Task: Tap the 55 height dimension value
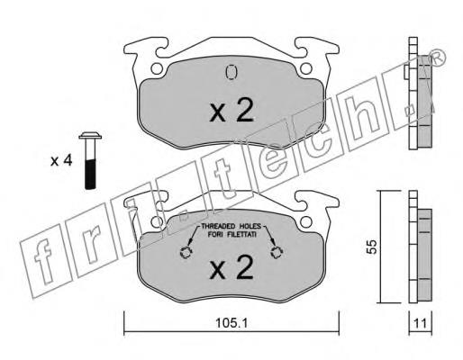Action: pos(372,247)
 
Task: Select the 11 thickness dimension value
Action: pos(420,324)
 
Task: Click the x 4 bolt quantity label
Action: pos(61,161)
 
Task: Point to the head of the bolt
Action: pos(90,136)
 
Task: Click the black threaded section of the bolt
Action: pos(90,175)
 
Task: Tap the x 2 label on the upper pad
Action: pos(231,110)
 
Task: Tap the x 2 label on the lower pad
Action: pos(231,266)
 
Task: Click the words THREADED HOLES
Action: pos(231,226)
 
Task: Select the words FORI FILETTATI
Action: pos(232,234)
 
